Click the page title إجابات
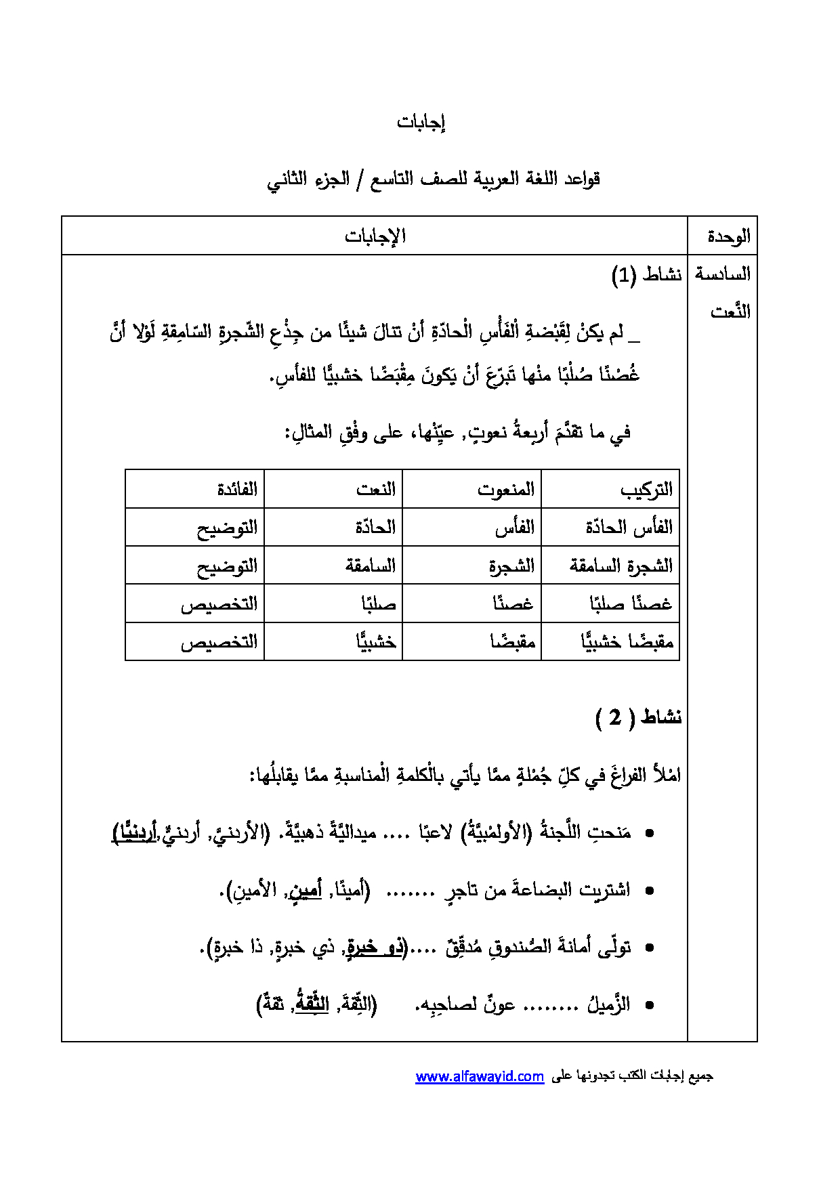coord(421,123)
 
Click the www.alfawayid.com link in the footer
coord(480,1076)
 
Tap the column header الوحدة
coord(728,236)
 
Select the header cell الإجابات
coord(375,236)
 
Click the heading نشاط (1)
coord(646,275)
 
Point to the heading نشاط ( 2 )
coord(638,717)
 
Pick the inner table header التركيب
coord(646,490)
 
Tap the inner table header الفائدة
coord(237,490)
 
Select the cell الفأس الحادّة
coord(629,528)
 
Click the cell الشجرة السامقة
coord(621,566)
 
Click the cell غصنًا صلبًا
coord(630,603)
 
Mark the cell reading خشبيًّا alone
coord(376,641)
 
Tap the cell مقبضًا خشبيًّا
coord(627,641)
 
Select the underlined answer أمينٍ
coord(305,889)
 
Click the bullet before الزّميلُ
coord(650,1006)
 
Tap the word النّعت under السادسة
coord(730,312)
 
